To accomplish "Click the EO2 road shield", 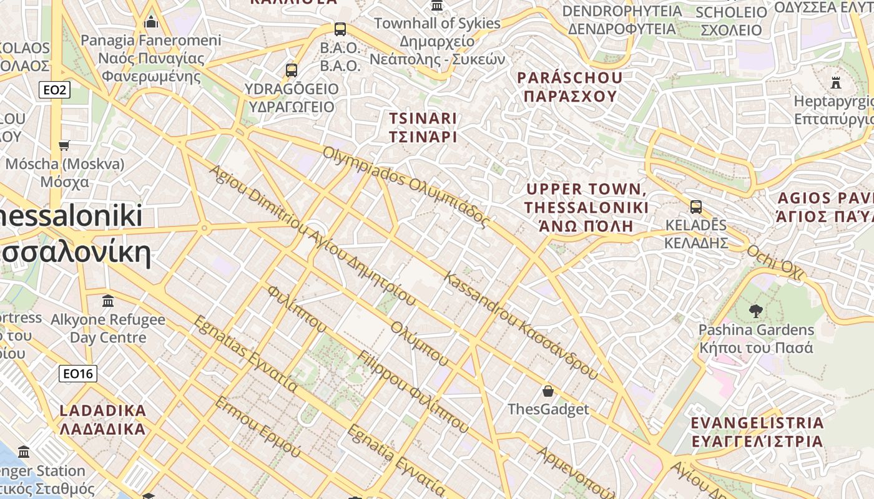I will pos(54,90).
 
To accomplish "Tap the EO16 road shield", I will pos(78,374).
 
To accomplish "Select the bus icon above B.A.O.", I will pos(340,29).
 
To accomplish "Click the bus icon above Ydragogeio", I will pos(292,70).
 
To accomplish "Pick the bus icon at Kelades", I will pos(695,207).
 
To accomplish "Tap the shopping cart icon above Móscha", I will pos(64,146).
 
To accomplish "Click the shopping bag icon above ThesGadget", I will pos(547,391).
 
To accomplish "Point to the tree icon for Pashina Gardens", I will pos(755,311).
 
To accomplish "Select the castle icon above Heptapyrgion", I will pos(836,82).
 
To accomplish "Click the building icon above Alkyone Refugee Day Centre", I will pos(108,301).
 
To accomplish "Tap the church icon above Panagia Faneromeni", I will pos(151,22).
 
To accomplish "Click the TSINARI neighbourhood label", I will pos(423,127).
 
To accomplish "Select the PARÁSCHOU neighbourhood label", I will pos(570,87).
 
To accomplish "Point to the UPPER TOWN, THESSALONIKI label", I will pos(586,207).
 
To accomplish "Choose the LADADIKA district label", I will pos(102,420).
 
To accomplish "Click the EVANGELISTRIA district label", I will pos(757,432).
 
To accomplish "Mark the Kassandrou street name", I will pos(521,326).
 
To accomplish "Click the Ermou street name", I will pos(257,427).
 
